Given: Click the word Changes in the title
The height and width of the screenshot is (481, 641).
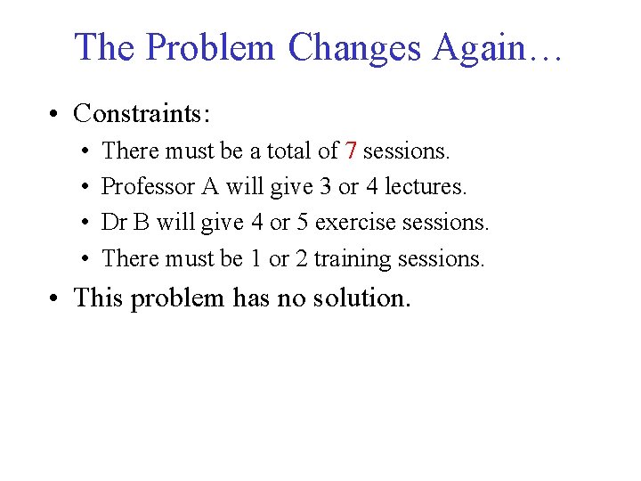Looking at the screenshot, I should [355, 47].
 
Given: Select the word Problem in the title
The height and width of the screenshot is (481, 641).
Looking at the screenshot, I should [211, 47].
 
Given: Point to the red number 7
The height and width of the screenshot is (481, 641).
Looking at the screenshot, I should [351, 151].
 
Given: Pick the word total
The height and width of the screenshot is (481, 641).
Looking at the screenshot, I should [270, 151].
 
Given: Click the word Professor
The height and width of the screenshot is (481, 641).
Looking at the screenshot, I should [148, 187].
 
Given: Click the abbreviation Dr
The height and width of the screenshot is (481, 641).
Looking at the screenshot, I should [114, 223].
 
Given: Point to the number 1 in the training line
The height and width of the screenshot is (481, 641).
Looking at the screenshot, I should [256, 259].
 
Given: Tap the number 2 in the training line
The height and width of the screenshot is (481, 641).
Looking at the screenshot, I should [300, 259].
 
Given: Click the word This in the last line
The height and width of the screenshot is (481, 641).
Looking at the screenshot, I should [99, 298].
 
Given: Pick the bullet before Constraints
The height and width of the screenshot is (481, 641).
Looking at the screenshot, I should [55, 114].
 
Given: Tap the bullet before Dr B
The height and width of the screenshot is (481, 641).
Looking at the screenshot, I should [83, 224].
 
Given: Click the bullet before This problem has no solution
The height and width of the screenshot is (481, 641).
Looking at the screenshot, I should [55, 298].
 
